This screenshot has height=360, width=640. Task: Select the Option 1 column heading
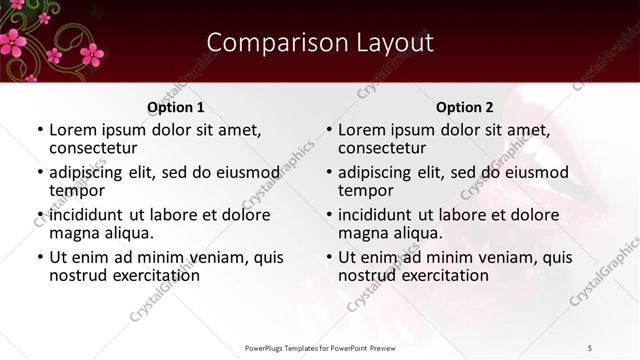click(x=176, y=107)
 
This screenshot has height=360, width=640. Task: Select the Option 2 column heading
click(x=465, y=107)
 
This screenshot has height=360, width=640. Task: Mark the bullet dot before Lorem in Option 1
click(x=40, y=131)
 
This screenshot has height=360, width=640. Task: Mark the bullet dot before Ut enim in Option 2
click(x=329, y=257)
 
